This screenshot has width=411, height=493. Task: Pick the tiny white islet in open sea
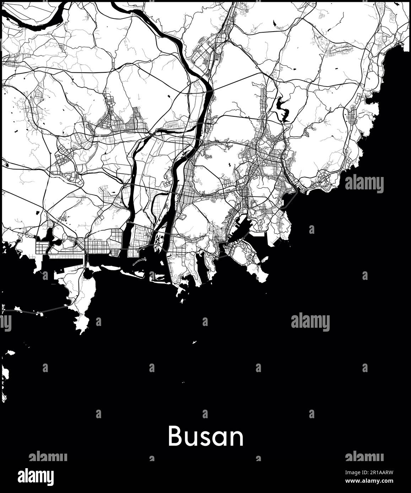pyautogui.click(x=194, y=342)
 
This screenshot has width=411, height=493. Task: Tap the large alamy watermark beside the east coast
pyautogui.click(x=364, y=183)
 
